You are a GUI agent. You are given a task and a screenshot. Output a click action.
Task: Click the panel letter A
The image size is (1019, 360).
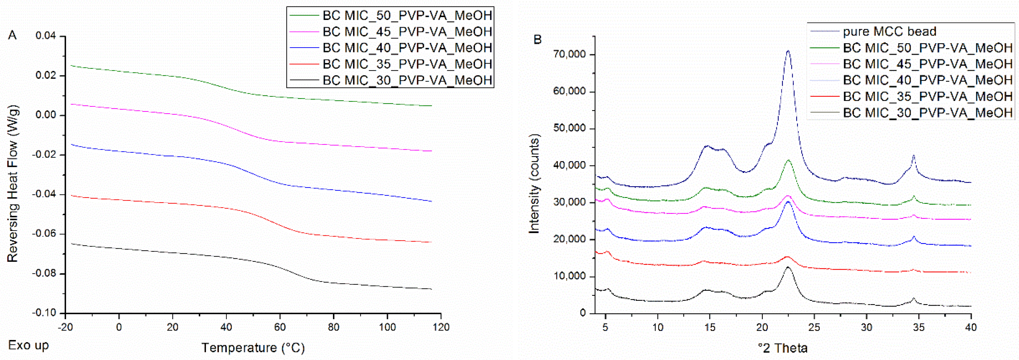coord(12,36)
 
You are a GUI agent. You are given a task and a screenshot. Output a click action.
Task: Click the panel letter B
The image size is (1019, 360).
coord(537,40)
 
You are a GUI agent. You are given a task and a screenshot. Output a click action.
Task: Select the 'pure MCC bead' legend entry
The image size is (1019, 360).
coord(889,31)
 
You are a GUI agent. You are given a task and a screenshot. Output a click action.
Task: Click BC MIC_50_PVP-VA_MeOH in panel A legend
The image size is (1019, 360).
coord(407,15)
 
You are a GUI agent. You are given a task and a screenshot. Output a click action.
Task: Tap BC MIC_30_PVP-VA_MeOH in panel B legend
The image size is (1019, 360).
coord(927,113)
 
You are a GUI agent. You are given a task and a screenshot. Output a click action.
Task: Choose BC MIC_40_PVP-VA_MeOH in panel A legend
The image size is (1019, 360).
coord(407,48)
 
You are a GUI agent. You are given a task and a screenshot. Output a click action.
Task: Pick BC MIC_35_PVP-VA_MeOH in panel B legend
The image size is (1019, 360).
coord(927,97)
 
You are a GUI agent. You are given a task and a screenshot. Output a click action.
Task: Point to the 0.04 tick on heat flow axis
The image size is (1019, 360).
coord(45,36)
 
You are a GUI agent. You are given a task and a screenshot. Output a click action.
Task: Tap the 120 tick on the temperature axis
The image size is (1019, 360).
coord(441,327)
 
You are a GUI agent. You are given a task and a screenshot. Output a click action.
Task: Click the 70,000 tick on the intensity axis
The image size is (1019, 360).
coord(568,55)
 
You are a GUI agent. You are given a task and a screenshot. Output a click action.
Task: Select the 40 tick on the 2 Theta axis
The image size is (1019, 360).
coord(971,327)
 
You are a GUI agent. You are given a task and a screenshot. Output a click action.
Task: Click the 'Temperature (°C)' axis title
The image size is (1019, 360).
coord(253,348)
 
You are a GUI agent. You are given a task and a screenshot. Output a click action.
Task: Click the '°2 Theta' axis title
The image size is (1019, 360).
coord(782,348)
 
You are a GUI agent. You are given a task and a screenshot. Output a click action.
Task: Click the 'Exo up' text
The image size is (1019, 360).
coord(29,345)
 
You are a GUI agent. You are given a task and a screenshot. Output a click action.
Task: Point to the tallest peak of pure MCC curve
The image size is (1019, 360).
coord(788,51)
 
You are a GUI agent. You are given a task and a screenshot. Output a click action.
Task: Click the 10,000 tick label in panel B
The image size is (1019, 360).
coord(568,277)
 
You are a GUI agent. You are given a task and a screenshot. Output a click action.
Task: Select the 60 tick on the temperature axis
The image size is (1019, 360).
coord(280,327)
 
